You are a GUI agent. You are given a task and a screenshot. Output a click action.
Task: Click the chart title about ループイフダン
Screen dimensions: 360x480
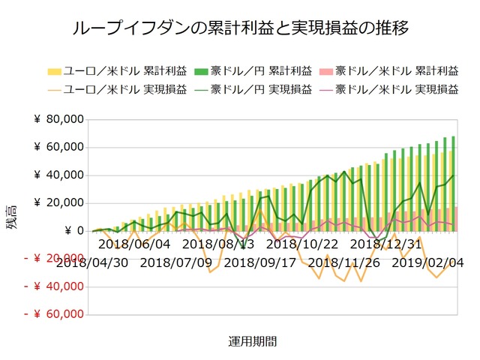240,29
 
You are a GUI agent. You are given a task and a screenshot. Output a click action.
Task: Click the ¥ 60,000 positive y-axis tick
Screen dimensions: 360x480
58,148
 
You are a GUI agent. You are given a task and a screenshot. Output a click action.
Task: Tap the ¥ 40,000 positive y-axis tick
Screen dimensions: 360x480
58,175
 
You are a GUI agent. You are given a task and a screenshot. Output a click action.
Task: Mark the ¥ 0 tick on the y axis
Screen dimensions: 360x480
68,231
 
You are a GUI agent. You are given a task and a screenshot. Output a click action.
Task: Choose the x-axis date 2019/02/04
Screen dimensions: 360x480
427,262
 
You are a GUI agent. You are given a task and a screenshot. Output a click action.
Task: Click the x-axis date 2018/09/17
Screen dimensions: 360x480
259,262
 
